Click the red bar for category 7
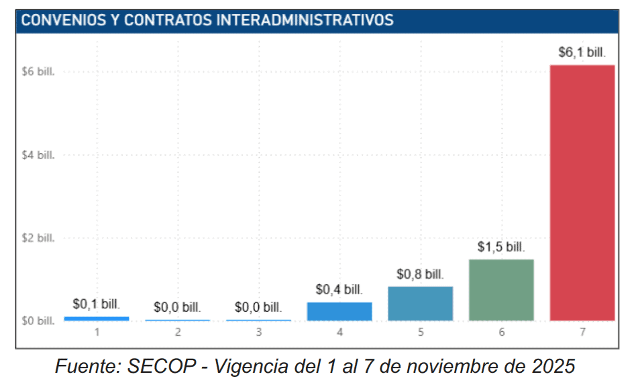point(582,193)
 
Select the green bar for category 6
point(501,290)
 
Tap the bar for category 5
point(420,303)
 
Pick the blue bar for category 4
point(339,311)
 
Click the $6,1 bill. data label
point(582,53)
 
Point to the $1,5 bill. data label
point(501,247)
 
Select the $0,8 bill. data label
point(420,274)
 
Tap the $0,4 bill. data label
point(339,290)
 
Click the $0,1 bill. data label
point(97,304)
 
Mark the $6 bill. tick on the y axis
point(38,72)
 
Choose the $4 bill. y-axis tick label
point(38,155)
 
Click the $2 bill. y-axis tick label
point(38,238)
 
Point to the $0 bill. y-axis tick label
point(38,321)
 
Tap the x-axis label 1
point(97,332)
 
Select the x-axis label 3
point(259,332)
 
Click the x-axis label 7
point(582,332)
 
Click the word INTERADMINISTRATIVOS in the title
point(305,20)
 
